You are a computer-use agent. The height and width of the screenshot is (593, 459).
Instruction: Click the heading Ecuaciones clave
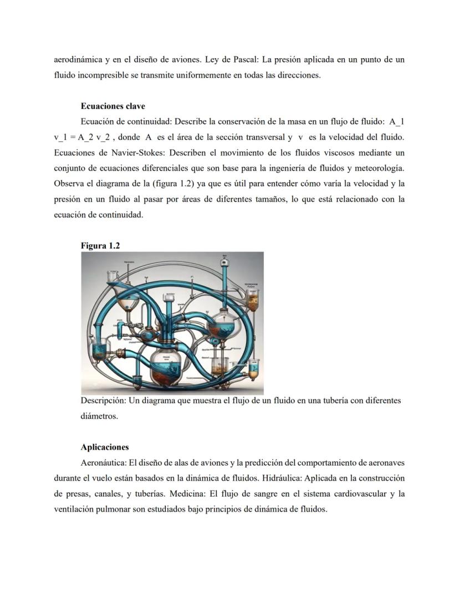click(113, 106)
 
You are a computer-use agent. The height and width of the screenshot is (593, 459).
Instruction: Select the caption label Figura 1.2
click(100, 246)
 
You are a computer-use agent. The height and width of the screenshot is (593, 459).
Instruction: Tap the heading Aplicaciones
click(104, 447)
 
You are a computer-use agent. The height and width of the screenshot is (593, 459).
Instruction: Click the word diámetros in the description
click(99, 416)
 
